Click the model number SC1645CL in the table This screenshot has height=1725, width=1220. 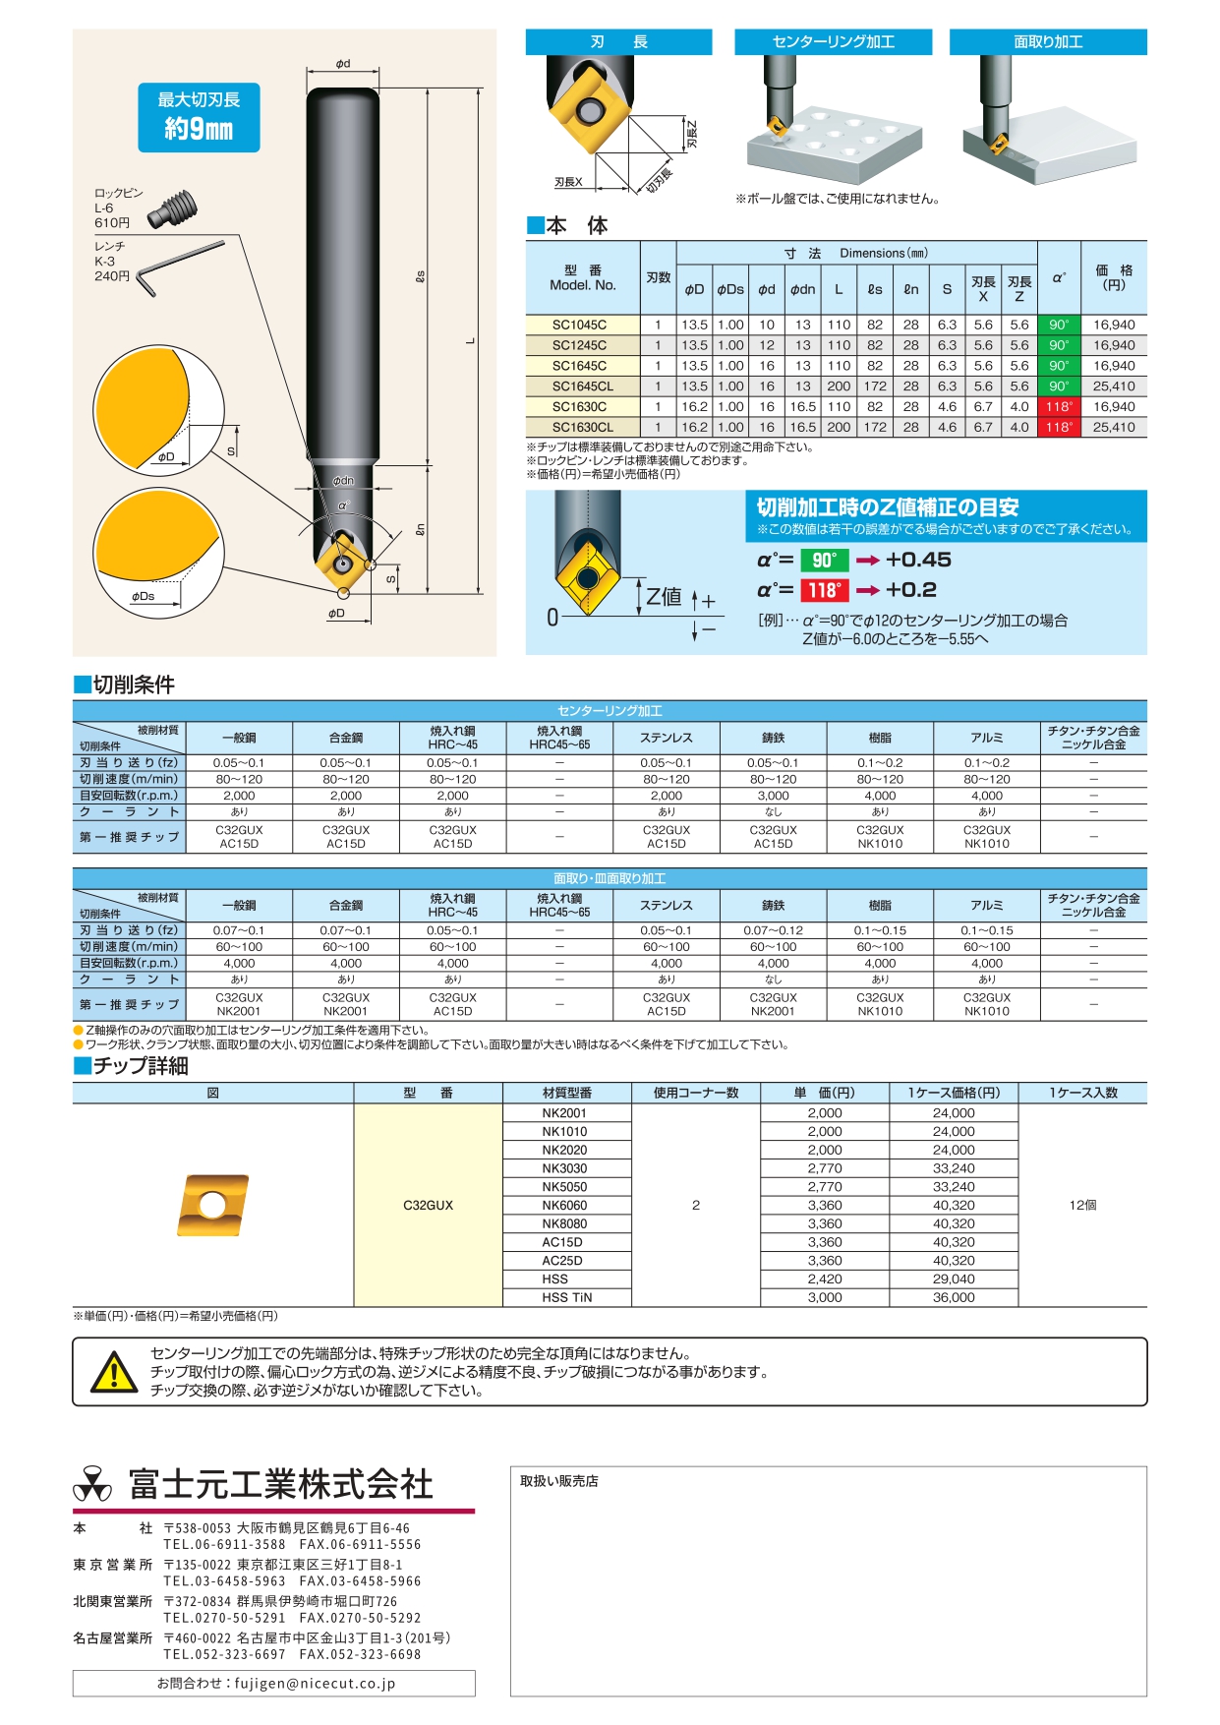[582, 387]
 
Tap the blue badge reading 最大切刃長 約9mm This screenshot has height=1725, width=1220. [199, 117]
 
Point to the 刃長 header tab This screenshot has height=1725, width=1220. [618, 42]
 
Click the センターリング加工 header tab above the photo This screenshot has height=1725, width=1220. [833, 42]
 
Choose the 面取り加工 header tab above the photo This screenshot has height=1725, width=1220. [1048, 42]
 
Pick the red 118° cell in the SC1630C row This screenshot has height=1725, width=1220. [1059, 407]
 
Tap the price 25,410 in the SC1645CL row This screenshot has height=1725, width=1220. [1114, 387]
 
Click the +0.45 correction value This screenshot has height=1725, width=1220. [918, 560]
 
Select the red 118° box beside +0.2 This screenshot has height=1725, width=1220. [824, 590]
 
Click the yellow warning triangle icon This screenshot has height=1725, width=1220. [114, 1372]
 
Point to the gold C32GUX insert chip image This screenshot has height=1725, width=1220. [213, 1205]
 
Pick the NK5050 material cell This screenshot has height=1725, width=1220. [564, 1187]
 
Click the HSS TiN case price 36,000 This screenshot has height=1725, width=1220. [954, 1298]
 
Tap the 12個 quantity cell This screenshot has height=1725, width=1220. [1082, 1206]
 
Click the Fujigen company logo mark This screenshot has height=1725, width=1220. [93, 1484]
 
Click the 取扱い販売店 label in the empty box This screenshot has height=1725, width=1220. [559, 1481]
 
